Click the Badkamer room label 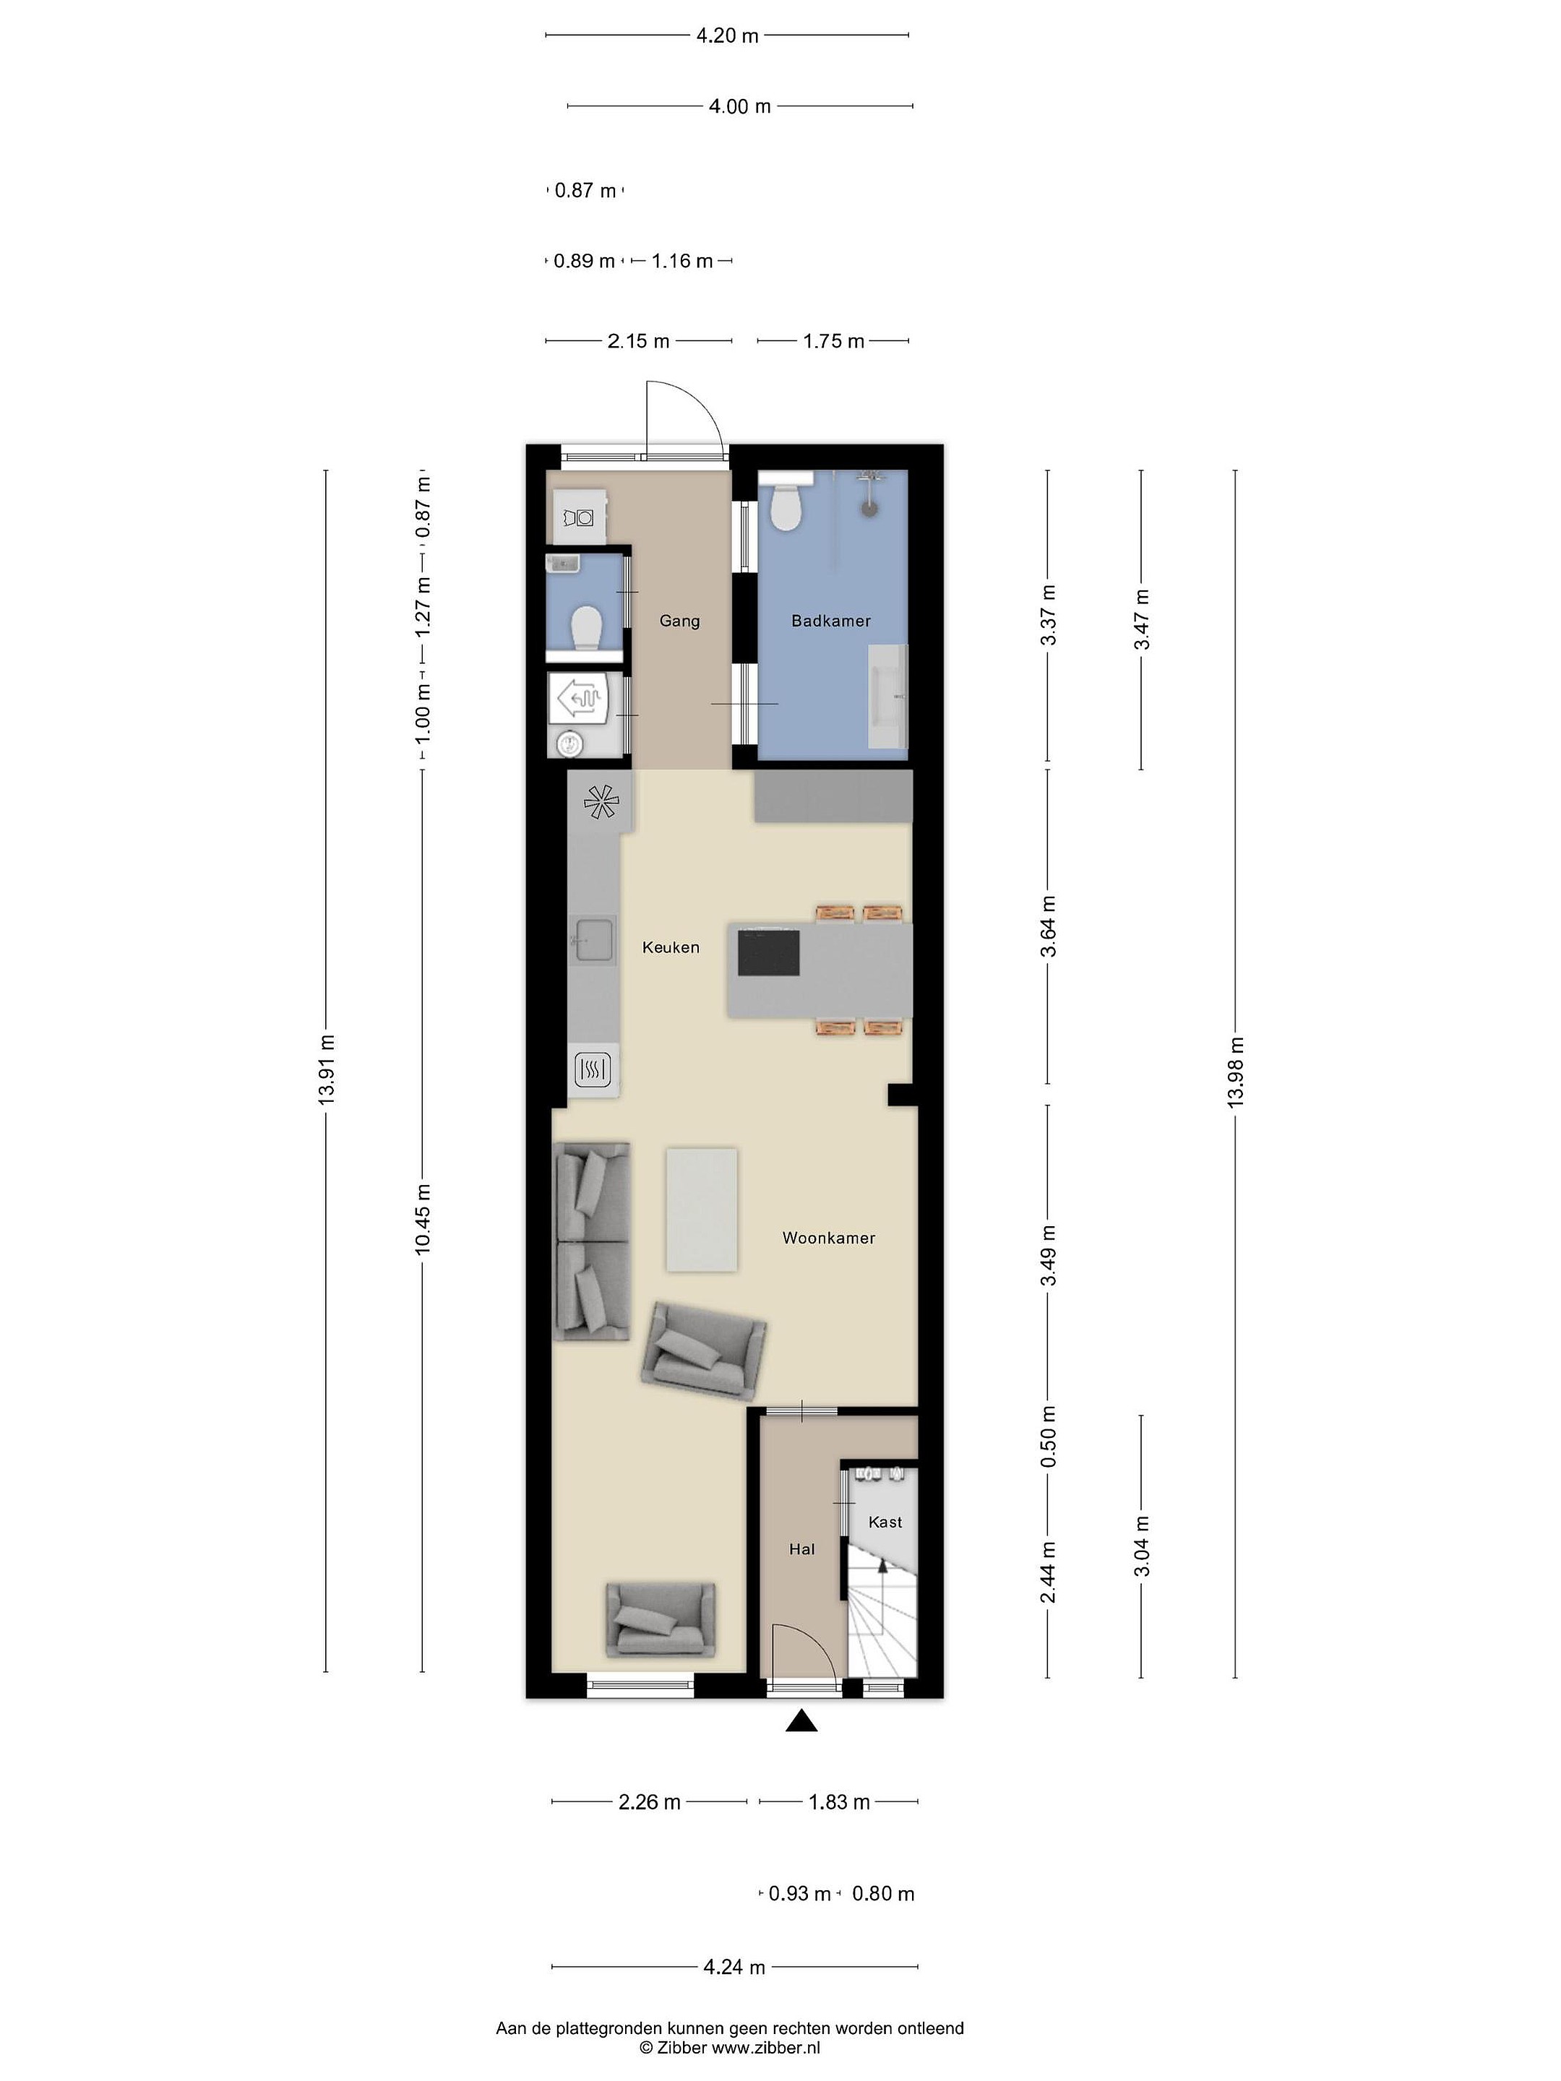pyautogui.click(x=831, y=621)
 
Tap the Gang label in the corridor pyautogui.click(x=679, y=621)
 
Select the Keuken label pyautogui.click(x=671, y=947)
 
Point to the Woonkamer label pyautogui.click(x=829, y=1238)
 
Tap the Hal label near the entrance pyautogui.click(x=801, y=1549)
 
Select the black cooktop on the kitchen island pyautogui.click(x=769, y=953)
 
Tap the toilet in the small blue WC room pyautogui.click(x=586, y=626)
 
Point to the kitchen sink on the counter pyautogui.click(x=593, y=940)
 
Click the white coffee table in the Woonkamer pyautogui.click(x=702, y=1209)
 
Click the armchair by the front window pyautogui.click(x=661, y=1619)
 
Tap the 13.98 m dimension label pyautogui.click(x=1236, y=1072)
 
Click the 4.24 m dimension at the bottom pyautogui.click(x=734, y=1966)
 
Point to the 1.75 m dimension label pyautogui.click(x=834, y=340)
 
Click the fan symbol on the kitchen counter pyautogui.click(x=602, y=801)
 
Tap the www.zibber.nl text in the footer pyautogui.click(x=766, y=2047)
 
